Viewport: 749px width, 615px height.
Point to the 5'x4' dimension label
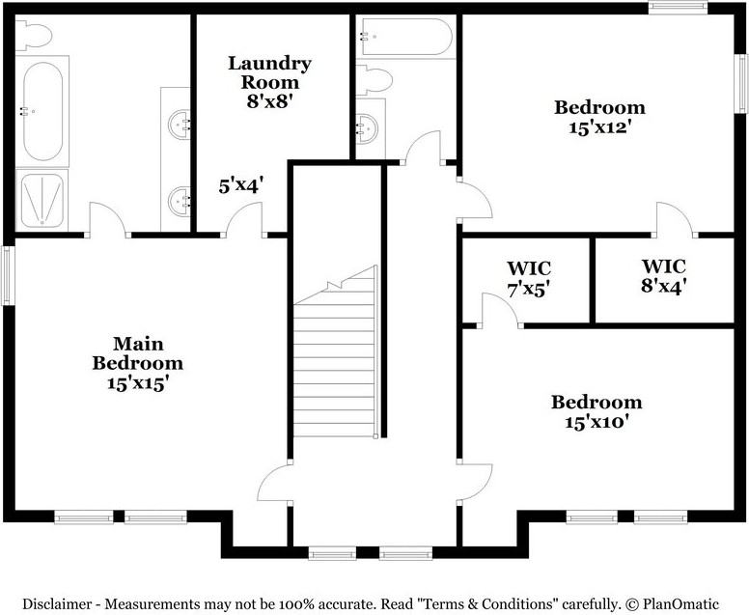[x=240, y=184]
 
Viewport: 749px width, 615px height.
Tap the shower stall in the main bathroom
[x=42, y=200]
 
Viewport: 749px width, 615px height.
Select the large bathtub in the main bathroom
[x=42, y=111]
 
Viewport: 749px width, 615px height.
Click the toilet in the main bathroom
[x=33, y=36]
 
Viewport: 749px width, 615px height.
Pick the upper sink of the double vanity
[x=178, y=124]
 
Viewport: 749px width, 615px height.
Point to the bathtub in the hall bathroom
[x=404, y=38]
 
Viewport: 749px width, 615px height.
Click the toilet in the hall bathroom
[x=375, y=78]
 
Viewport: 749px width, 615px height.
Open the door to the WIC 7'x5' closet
[x=500, y=311]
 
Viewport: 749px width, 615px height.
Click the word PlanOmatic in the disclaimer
[x=690, y=603]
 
